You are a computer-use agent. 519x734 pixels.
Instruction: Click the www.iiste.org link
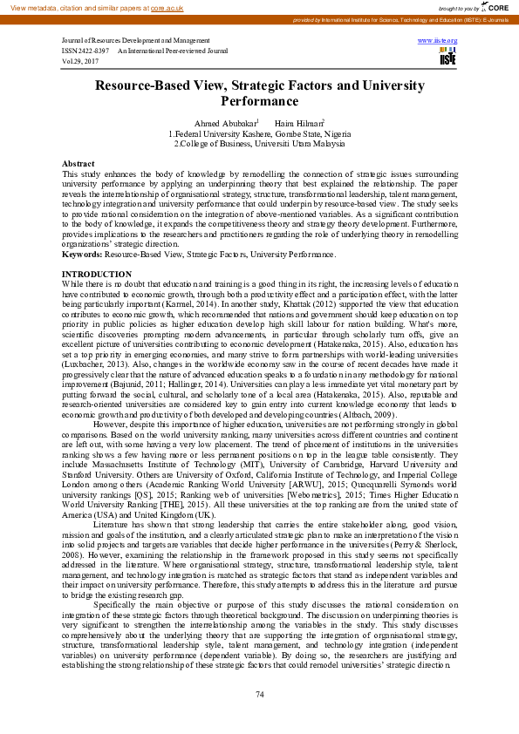point(438,41)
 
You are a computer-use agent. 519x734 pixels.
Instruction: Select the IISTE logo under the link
point(448,57)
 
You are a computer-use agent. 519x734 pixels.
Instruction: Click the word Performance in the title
point(259,100)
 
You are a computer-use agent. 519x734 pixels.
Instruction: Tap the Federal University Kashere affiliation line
point(260,134)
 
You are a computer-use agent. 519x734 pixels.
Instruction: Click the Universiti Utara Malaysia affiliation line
point(260,144)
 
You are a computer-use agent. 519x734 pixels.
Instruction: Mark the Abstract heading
point(79,164)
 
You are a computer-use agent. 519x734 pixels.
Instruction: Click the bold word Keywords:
point(83,254)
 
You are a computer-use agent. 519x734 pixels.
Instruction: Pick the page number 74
point(259,693)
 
